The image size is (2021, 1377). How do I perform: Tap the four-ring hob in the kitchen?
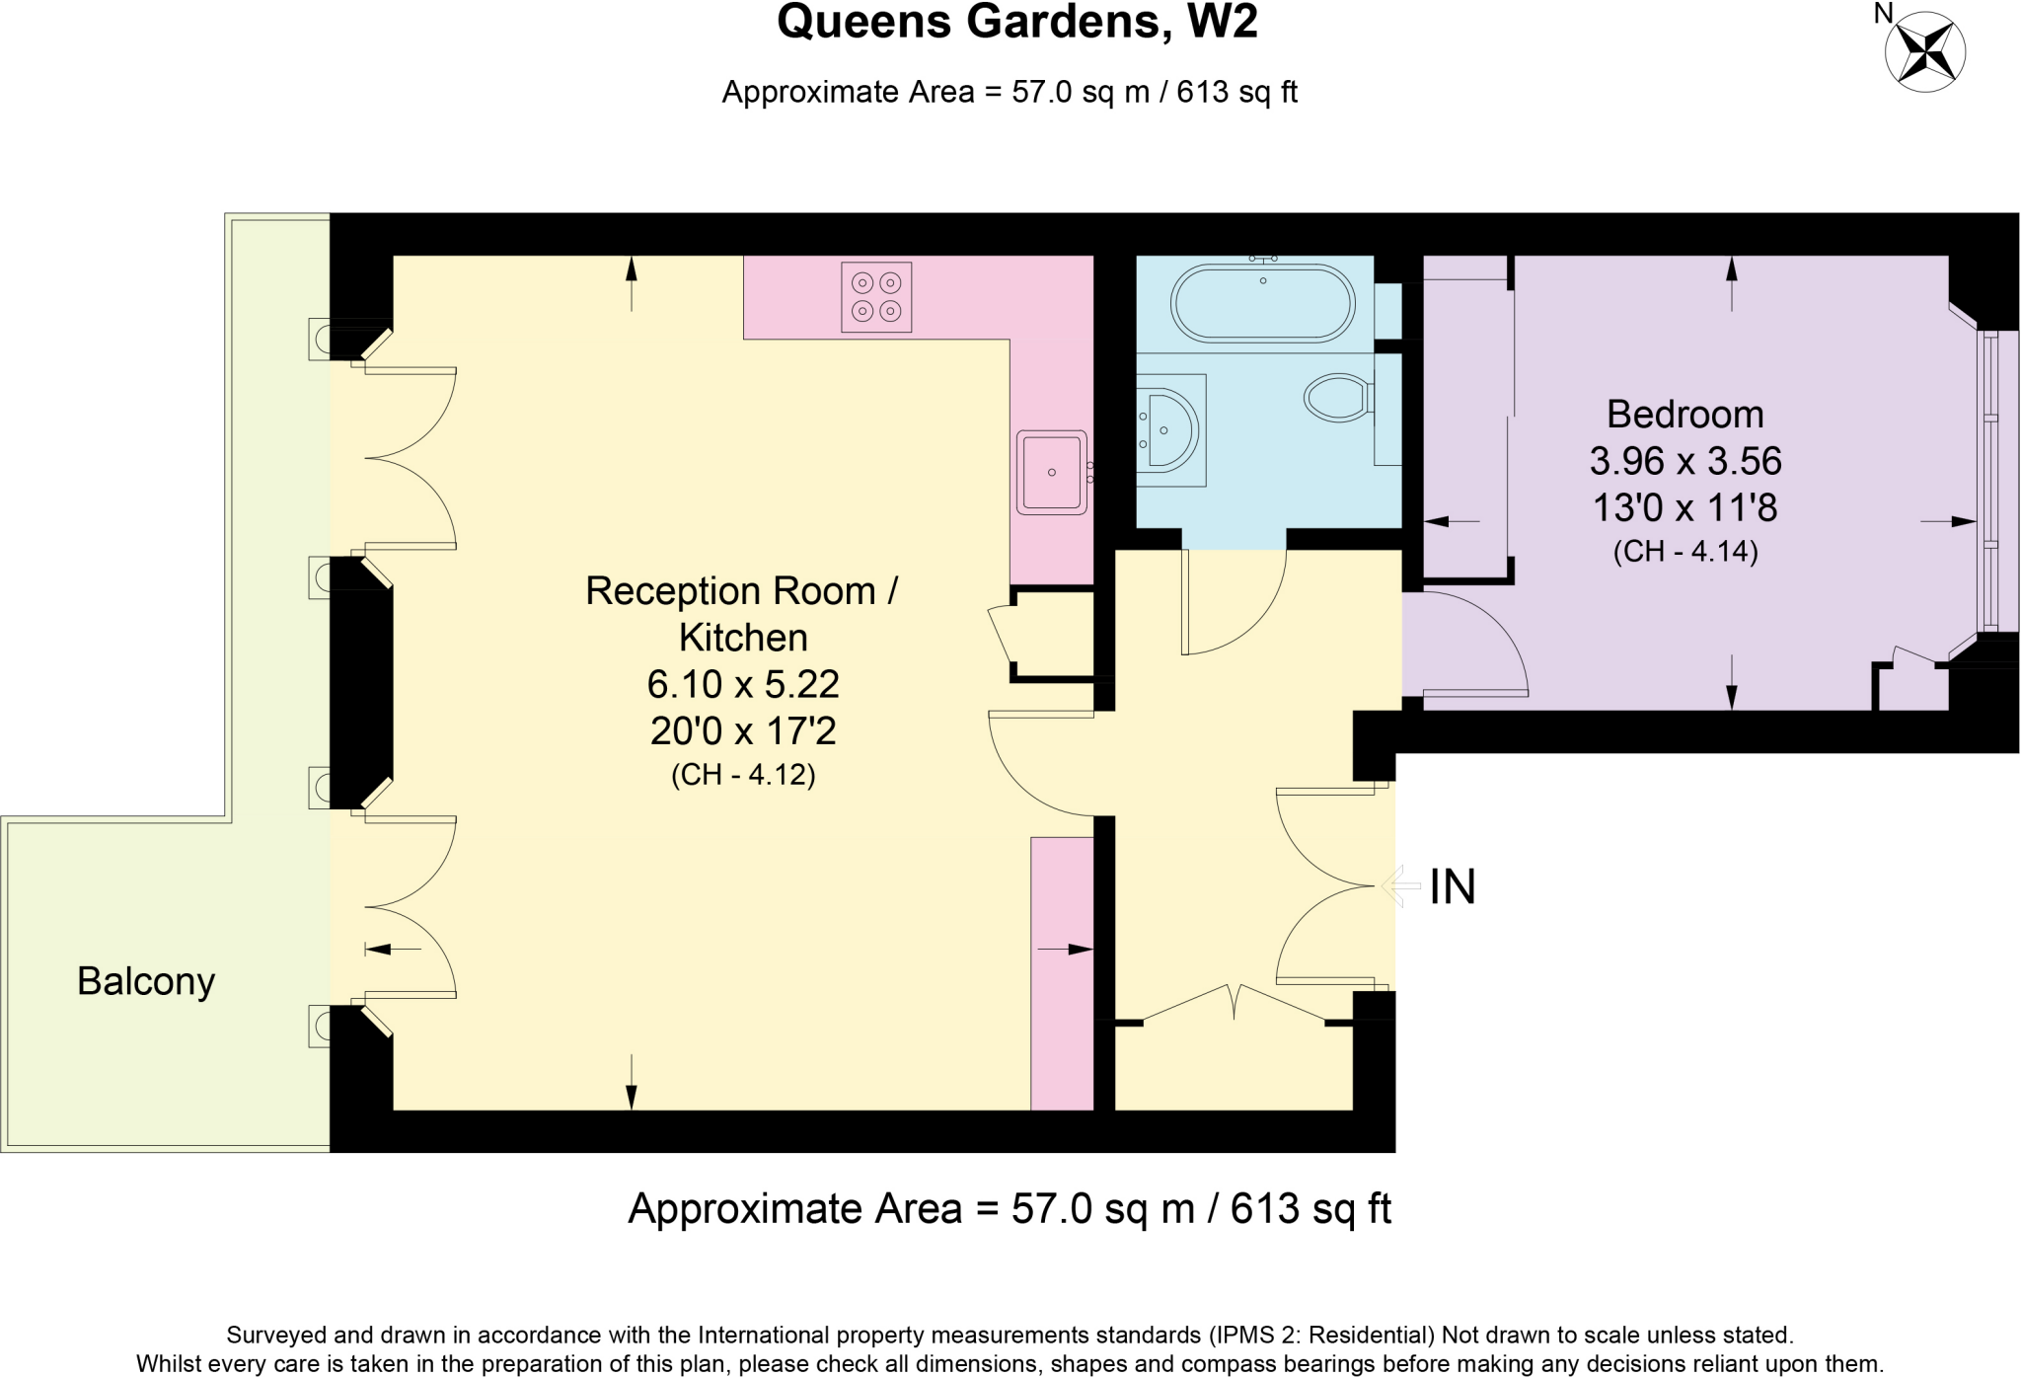click(876, 297)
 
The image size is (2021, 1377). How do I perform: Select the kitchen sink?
click(1051, 472)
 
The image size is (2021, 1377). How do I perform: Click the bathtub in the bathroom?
click(1263, 302)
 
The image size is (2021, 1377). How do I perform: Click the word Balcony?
click(146, 981)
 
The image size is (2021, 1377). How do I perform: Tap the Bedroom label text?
click(1684, 415)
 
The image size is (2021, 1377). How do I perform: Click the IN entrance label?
click(1453, 887)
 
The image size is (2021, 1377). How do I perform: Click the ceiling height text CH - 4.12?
click(743, 776)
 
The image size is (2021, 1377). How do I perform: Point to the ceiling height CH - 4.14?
click(1684, 552)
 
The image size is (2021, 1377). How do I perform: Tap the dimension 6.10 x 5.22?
click(743, 684)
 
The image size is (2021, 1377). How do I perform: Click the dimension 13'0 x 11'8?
click(1684, 508)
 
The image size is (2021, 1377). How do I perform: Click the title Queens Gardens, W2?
click(1017, 23)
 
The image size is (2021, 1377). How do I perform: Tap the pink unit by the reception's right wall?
click(1062, 972)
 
